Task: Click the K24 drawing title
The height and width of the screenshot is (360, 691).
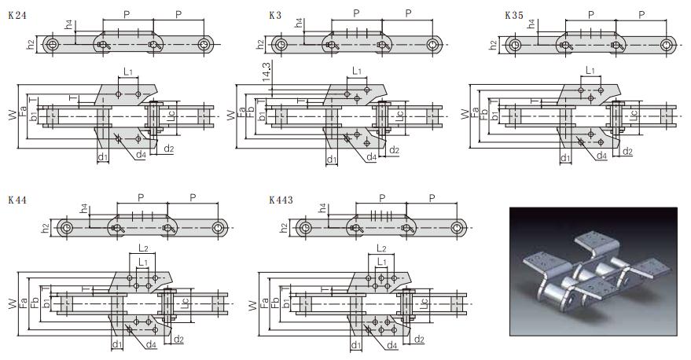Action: [17, 16]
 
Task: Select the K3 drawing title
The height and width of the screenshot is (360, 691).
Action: [275, 16]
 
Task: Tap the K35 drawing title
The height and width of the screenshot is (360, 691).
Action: [514, 16]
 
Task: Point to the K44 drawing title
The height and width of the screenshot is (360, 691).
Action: [17, 200]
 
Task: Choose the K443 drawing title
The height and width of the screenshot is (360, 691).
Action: [281, 200]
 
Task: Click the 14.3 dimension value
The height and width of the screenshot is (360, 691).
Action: [266, 72]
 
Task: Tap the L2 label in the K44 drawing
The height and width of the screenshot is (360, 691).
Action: [143, 248]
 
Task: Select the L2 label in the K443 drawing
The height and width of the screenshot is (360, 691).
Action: [381, 248]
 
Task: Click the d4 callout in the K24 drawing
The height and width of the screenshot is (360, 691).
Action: [141, 154]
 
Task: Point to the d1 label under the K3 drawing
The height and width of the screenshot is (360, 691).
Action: [332, 159]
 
